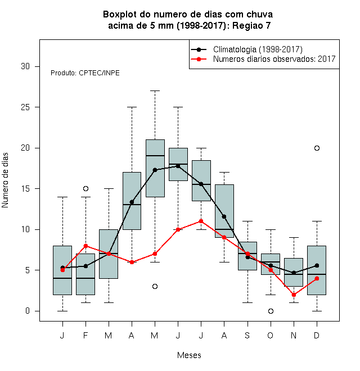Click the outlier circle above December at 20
[317, 148]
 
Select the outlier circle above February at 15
[85, 188]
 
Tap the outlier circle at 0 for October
[271, 311]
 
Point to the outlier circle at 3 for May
[155, 286]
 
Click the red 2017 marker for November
[294, 295]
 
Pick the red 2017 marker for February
[85, 246]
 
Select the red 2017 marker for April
[132, 262]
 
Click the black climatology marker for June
[178, 166]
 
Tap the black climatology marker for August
[224, 216]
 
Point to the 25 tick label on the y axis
[25, 107]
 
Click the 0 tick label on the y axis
[28, 311]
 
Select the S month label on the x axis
[247, 336]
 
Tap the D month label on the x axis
[317, 336]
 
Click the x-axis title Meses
[189, 355]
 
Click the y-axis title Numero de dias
[5, 180]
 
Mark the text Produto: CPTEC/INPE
[85, 73]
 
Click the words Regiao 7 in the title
[251, 25]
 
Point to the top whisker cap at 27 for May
[155, 91]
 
